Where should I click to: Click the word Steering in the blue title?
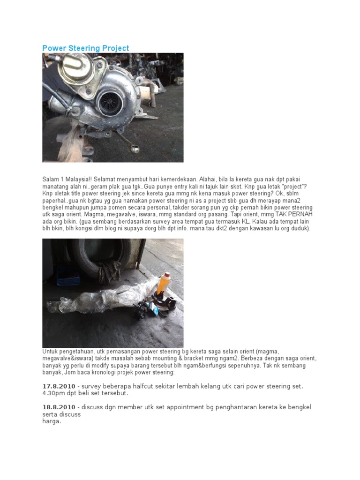click(86, 48)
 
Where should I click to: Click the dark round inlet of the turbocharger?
click(109, 103)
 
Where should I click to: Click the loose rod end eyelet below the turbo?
click(135, 149)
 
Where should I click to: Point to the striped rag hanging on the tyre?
click(110, 272)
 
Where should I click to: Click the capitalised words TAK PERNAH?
click(294, 214)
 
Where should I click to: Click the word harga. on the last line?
click(52, 421)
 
